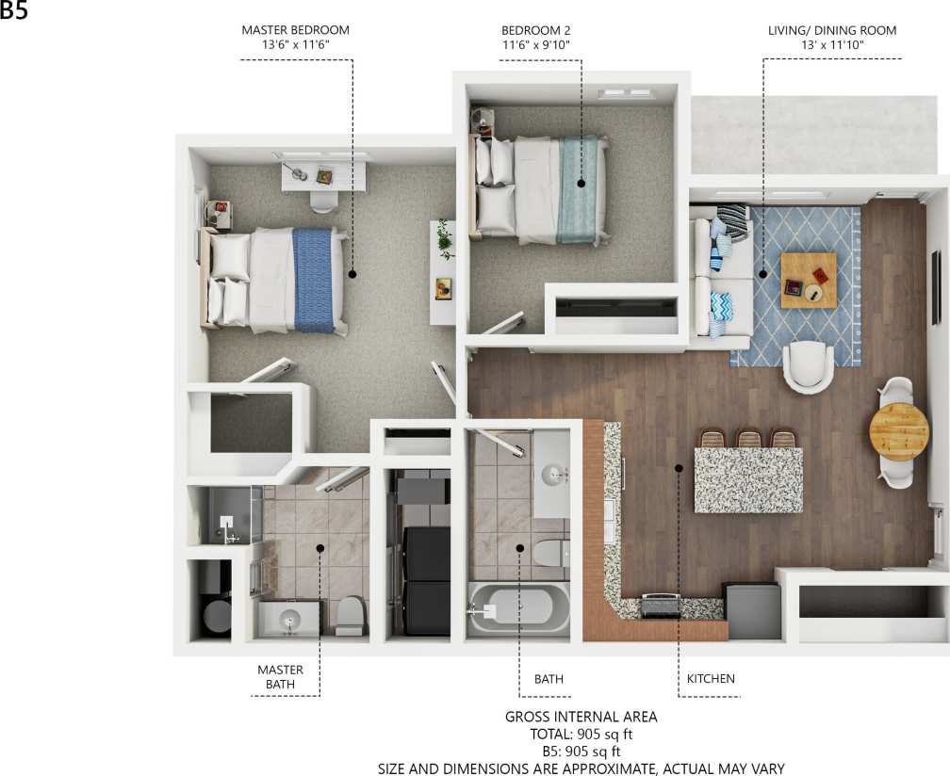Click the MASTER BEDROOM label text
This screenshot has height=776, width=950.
[x=295, y=30]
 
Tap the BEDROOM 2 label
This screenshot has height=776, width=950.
[x=535, y=30]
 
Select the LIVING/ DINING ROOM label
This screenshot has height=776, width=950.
[x=832, y=30]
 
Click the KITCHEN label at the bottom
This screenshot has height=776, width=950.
[x=711, y=678]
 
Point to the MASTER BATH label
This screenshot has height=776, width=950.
[x=280, y=677]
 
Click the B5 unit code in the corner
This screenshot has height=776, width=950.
[x=14, y=10]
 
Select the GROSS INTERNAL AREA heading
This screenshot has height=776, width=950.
[x=581, y=717]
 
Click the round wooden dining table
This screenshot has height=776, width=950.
[x=898, y=430]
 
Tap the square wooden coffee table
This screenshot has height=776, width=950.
[x=808, y=280]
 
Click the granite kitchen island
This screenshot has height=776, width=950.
[x=748, y=479]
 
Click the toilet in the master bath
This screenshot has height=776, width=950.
[x=351, y=615]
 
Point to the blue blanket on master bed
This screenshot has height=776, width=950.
[x=313, y=280]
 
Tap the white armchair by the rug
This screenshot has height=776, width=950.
[x=808, y=365]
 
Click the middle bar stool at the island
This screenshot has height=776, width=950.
[x=749, y=438]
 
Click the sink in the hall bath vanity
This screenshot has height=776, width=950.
[x=552, y=474]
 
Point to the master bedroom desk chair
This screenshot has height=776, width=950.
[x=323, y=202]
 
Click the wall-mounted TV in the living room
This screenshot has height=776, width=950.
[x=935, y=286]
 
